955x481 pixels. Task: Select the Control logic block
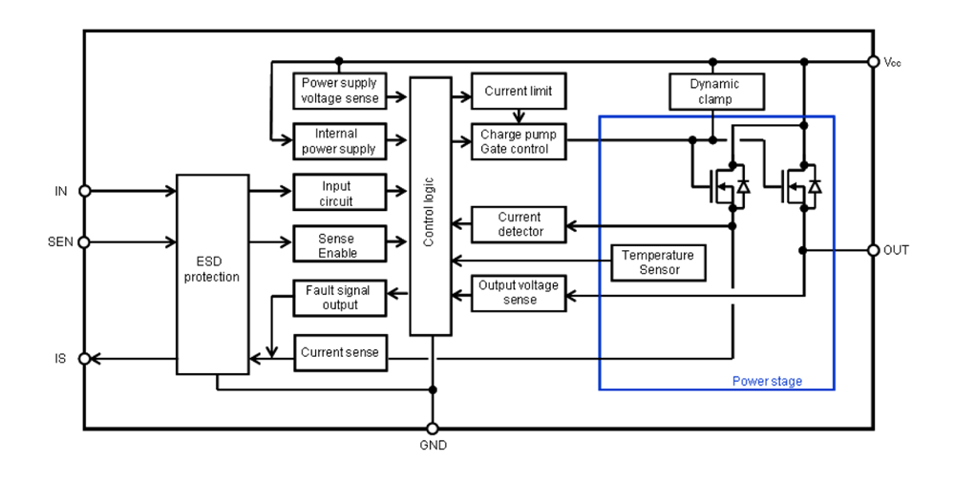(x=430, y=206)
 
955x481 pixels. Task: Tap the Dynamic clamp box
(x=714, y=91)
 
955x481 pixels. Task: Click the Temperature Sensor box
(x=658, y=262)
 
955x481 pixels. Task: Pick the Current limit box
(x=518, y=92)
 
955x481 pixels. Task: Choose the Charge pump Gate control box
(x=518, y=141)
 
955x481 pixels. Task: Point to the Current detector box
(x=520, y=225)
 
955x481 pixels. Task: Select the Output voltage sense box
(x=520, y=292)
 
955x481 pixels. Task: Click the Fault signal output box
(x=339, y=297)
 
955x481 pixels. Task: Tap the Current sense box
(x=339, y=352)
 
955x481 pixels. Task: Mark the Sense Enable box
(x=339, y=246)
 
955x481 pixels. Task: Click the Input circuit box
(x=339, y=192)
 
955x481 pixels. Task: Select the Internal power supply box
(x=339, y=141)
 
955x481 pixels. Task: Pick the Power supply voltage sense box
(x=339, y=91)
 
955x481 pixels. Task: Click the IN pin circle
(x=84, y=191)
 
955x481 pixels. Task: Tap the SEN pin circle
(x=84, y=242)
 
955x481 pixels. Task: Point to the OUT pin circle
(x=872, y=250)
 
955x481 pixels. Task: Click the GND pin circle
(x=432, y=429)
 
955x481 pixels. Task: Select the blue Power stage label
(x=767, y=381)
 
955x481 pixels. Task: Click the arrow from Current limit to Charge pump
(x=518, y=116)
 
